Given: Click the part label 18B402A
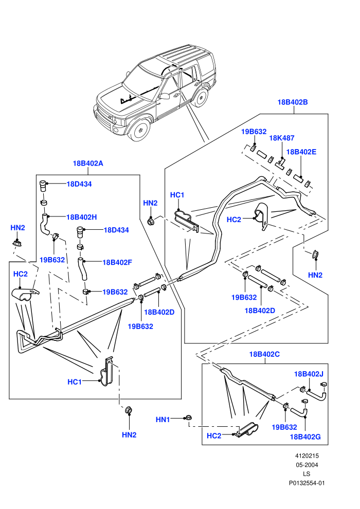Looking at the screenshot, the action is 87,163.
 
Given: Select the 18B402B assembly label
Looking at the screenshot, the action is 293,102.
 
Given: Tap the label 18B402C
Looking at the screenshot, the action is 264,354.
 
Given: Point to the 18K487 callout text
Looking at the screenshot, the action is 282,138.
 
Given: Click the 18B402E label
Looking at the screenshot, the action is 301,152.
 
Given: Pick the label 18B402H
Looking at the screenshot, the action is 81,217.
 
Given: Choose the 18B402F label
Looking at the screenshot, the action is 117,262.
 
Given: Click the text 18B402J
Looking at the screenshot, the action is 309,374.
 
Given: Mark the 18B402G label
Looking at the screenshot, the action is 305,437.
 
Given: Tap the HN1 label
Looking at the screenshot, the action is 163,420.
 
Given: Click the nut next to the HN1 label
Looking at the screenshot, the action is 187,418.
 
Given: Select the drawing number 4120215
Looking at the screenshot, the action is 307,456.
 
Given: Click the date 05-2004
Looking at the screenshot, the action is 307,465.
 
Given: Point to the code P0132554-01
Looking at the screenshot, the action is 307,483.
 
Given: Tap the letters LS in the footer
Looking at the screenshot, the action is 307,474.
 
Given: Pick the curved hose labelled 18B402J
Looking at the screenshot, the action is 317,395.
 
